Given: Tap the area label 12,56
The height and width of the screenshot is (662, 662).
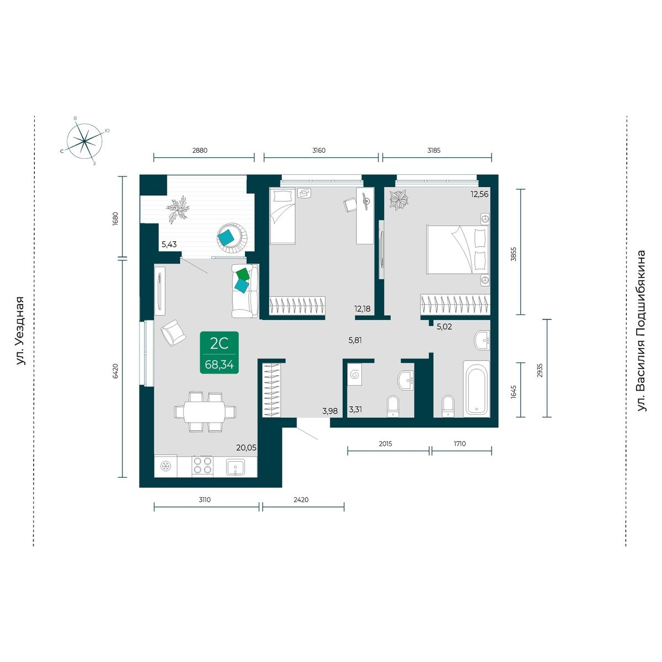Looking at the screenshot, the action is (479, 194).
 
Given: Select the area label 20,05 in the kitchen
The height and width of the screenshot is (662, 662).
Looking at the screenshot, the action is (246, 447).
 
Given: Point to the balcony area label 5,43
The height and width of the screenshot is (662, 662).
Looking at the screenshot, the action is (169, 244).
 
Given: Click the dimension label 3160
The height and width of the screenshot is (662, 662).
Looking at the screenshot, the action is (319, 151).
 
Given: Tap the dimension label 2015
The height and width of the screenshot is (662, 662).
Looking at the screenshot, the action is (386, 444).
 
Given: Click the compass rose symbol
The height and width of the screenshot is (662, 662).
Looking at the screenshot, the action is (84, 141).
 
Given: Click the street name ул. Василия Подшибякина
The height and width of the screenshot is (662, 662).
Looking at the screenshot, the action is (641, 331).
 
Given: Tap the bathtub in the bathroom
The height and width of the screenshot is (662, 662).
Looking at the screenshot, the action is (476, 388).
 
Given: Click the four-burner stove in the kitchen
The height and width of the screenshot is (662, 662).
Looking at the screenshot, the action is (202, 466).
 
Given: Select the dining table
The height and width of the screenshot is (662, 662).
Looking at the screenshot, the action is (205, 412).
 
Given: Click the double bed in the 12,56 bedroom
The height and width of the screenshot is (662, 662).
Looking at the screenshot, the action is (457, 249).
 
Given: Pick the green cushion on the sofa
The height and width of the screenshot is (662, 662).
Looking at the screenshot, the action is (243, 274).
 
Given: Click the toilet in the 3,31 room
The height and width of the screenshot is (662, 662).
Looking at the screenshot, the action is (393, 406).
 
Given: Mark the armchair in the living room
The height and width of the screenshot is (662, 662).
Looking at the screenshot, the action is (173, 333).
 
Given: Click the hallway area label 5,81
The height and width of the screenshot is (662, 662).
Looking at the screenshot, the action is (355, 340).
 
